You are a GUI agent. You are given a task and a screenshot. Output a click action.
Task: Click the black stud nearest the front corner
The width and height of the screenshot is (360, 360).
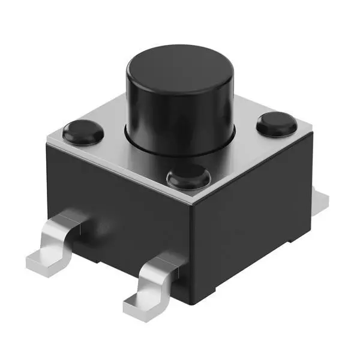(187, 178)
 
